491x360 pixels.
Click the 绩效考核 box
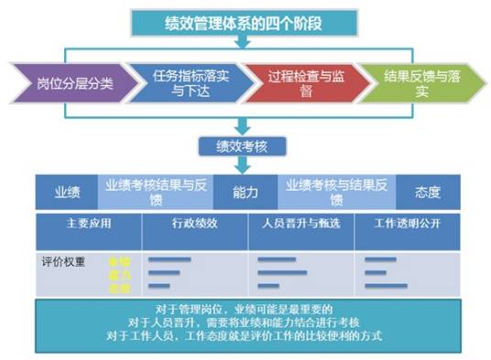[240, 144]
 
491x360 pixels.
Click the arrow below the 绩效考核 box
[240, 165]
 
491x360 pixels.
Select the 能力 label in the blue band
[245, 192]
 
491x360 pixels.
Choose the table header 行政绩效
[194, 224]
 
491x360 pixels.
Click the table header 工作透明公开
[408, 224]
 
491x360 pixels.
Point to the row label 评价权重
[61, 260]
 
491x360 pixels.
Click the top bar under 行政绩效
[169, 260]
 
